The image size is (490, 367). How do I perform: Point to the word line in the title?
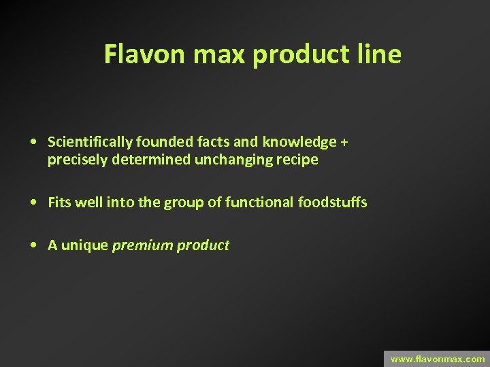380,54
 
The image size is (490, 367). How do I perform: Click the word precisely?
72,160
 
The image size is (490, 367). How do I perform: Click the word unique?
85,245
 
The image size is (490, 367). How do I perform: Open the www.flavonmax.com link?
437,358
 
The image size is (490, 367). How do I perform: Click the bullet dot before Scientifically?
33,142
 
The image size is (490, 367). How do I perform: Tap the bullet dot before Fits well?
33,203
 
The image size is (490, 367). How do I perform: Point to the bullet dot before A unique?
33,245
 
